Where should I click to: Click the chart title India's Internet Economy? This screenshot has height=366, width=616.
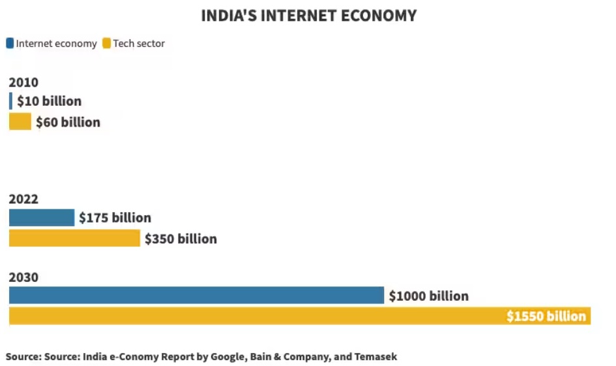click(308, 16)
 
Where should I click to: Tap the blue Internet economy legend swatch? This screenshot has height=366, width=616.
click(10, 44)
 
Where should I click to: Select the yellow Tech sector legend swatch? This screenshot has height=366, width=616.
click(106, 44)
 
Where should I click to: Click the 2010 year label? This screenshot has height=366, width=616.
click(23, 82)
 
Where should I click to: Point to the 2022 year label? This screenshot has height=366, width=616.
click(23, 199)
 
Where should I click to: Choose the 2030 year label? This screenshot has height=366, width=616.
click(23, 277)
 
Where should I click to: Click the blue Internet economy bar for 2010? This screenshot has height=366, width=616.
click(10, 101)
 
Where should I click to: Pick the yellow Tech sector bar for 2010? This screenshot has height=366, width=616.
click(20, 122)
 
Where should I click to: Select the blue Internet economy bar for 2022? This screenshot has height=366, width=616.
click(41, 218)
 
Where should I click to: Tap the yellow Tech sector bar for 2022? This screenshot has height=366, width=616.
click(74, 239)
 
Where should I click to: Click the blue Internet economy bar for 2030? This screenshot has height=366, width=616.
click(196, 296)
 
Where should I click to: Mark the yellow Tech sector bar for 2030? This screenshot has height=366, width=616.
click(261, 316)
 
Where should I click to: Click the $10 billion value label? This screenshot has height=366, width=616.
click(50, 101)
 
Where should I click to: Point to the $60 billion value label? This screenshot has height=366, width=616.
click(68, 122)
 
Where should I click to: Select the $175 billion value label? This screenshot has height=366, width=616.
click(115, 218)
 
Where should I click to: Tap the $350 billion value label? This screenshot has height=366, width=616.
click(181, 239)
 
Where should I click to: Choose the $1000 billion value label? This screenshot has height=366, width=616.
click(428, 296)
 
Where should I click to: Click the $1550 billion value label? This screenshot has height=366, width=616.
click(546, 316)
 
